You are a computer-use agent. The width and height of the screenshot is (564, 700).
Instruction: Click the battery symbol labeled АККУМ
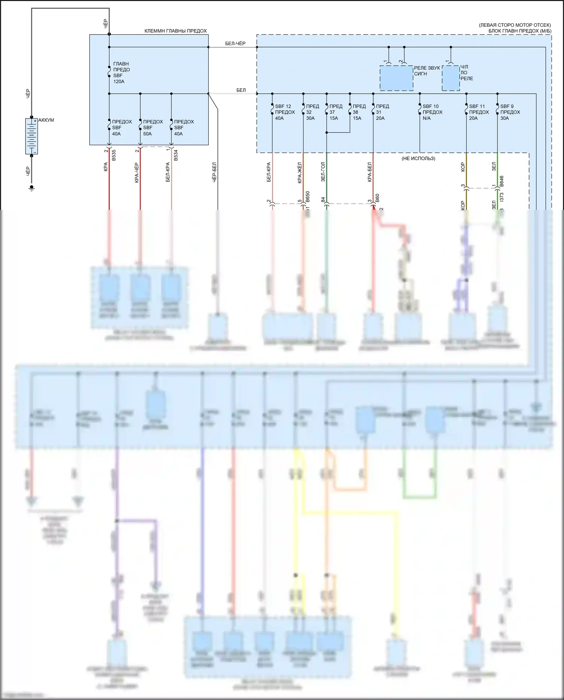point(32,136)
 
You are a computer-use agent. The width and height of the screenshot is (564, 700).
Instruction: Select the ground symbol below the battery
point(32,188)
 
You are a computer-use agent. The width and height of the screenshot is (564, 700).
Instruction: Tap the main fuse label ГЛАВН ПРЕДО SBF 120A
point(121,73)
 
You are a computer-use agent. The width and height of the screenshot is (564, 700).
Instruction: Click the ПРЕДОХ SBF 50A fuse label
point(153,128)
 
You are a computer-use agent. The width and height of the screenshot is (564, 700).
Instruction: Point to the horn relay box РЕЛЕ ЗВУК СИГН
point(396,78)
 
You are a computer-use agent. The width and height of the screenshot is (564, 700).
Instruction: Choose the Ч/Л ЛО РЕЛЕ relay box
point(450,78)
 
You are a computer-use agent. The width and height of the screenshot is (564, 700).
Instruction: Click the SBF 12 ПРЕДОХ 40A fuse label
point(285,112)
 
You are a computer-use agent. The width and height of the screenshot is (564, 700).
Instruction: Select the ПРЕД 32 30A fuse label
point(312,112)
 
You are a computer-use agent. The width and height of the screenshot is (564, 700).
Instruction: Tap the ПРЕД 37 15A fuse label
point(335,112)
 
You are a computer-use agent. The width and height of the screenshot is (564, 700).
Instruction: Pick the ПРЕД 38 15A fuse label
point(359,112)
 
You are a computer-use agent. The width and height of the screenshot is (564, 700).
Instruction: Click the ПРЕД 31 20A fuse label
point(382,112)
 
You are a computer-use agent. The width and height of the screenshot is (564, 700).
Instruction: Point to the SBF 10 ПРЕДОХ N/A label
point(432,112)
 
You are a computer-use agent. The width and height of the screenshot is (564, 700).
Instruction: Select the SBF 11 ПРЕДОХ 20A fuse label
point(479,112)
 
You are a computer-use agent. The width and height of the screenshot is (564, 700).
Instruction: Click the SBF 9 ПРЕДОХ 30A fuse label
point(510,112)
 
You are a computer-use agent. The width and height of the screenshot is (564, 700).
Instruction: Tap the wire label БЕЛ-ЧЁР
point(235,44)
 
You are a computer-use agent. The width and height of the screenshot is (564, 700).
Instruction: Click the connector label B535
point(114,155)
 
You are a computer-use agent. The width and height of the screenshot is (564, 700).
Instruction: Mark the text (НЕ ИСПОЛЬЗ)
point(418,158)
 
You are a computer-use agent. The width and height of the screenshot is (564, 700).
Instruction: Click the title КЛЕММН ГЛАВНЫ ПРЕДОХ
point(176,31)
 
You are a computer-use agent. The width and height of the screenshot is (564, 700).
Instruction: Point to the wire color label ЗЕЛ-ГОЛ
point(323,172)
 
